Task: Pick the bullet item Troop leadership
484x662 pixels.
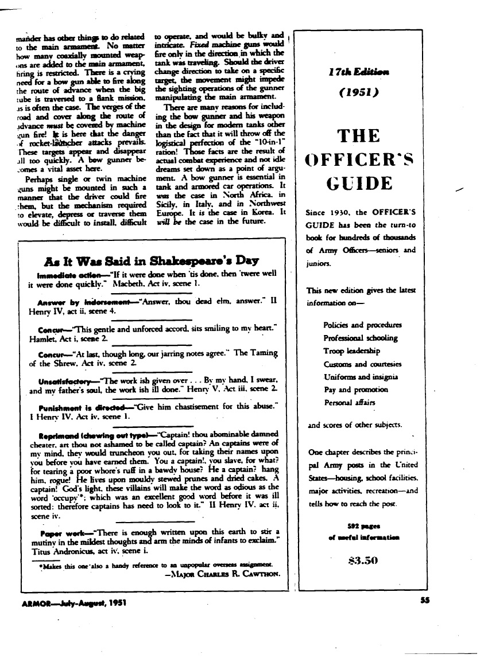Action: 352,351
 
